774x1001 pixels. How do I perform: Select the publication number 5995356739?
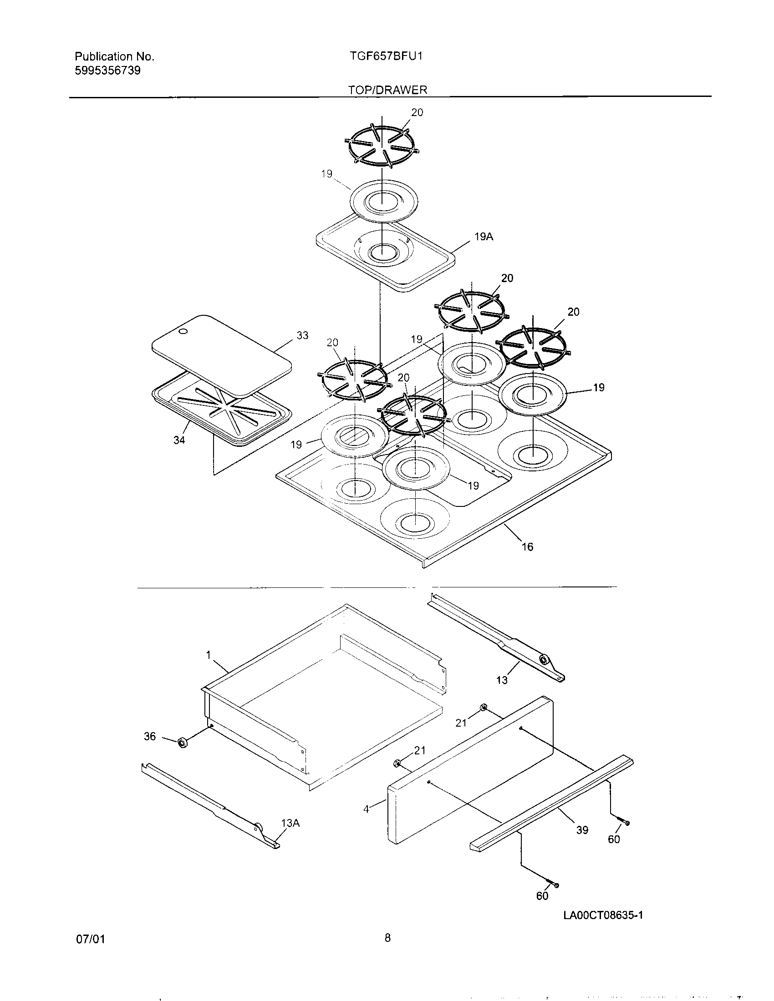[x=107, y=71]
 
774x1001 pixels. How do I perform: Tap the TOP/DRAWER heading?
[x=387, y=90]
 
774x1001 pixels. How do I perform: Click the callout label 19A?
[x=484, y=237]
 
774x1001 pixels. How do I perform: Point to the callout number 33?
[x=302, y=335]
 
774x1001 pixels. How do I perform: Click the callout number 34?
[x=179, y=440]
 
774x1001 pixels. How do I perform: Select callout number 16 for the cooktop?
[x=527, y=547]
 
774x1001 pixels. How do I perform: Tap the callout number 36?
[x=150, y=737]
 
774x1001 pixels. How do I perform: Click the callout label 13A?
[x=290, y=823]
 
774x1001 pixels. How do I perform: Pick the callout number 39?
[x=582, y=830]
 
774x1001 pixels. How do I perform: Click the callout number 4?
[x=366, y=810]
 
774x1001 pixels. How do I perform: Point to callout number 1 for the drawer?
[x=208, y=655]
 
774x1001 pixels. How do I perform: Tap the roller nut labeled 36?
[x=182, y=742]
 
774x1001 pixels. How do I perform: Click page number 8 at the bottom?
[x=387, y=938]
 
